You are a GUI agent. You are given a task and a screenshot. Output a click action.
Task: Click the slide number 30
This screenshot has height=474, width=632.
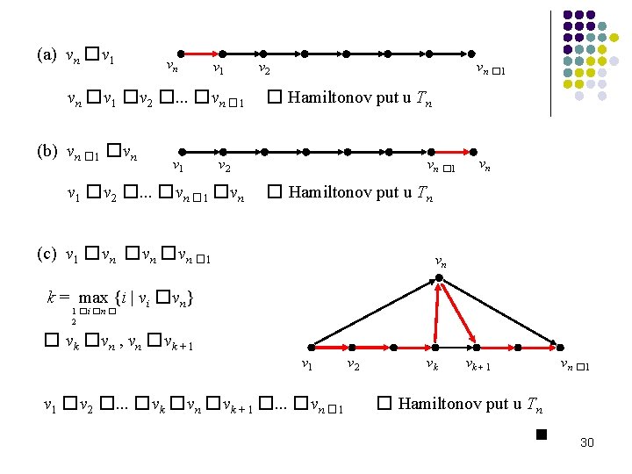(587, 442)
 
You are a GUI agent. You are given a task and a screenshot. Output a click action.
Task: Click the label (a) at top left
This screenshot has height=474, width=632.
(47, 54)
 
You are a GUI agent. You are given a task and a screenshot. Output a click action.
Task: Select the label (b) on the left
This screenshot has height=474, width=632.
(47, 150)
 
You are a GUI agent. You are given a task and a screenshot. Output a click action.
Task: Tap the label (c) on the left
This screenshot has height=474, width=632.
(47, 255)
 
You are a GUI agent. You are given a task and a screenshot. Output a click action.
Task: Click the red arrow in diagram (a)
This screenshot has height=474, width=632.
(196, 53)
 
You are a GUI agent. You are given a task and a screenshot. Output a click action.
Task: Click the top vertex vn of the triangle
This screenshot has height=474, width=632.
(438, 281)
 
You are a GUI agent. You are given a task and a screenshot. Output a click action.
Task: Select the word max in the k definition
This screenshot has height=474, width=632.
(93, 298)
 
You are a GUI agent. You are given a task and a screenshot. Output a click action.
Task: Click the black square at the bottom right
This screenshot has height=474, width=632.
(541, 434)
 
